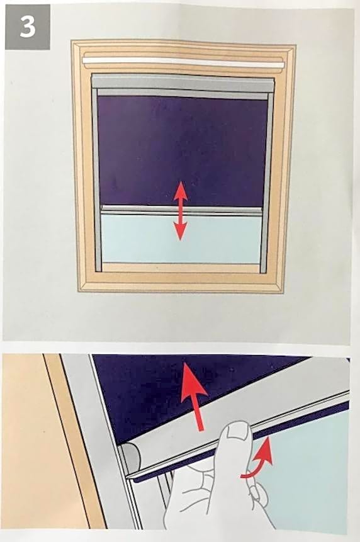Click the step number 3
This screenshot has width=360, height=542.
27,26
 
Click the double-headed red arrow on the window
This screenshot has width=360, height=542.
180,210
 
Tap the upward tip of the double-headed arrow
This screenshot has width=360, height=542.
181,181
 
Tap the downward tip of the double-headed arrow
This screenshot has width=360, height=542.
180,240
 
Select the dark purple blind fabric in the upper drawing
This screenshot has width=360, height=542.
183,151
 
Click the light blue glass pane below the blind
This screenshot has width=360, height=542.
181,239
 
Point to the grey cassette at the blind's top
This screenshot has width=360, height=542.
183,83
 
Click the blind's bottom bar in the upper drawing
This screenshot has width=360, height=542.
181,210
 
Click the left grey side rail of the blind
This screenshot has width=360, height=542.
96,180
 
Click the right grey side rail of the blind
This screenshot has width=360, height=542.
267,180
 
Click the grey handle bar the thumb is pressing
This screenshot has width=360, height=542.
239,425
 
